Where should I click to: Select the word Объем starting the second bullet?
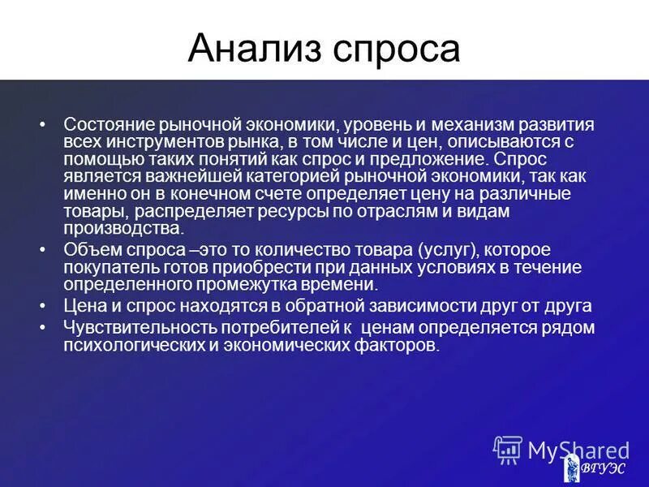[x=89, y=249]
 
